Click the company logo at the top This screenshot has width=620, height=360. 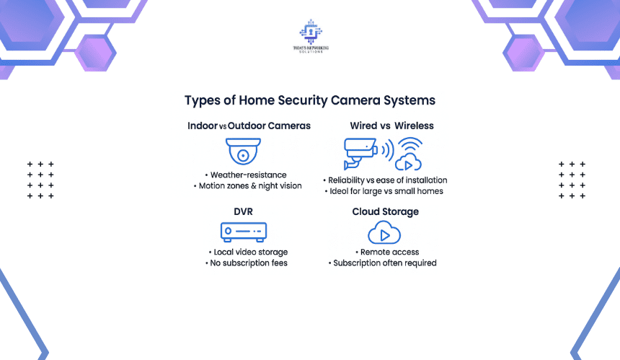pyautogui.click(x=311, y=35)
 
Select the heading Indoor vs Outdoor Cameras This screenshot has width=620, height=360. pyautogui.click(x=249, y=126)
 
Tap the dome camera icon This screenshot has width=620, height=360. pyautogui.click(x=243, y=151)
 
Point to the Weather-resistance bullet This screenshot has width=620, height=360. pyautogui.click(x=246, y=175)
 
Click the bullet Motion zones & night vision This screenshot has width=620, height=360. pyautogui.click(x=247, y=186)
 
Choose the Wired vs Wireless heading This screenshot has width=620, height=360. pyautogui.click(x=392, y=126)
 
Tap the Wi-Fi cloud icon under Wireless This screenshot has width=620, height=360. pyautogui.click(x=409, y=154)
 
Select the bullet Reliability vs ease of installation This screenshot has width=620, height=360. pyautogui.click(x=385, y=180)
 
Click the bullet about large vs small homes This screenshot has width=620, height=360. pyautogui.click(x=384, y=191)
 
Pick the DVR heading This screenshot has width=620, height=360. pyautogui.click(x=243, y=211)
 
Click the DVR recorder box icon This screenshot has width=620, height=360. pyautogui.click(x=244, y=232)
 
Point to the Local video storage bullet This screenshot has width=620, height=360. pyautogui.click(x=248, y=253)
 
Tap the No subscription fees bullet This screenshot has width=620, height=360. pyautogui.click(x=247, y=263)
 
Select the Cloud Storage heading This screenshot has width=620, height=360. pyautogui.click(x=386, y=212)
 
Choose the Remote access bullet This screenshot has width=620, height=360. pyautogui.click(x=387, y=253)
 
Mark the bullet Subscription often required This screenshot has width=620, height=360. pyautogui.click(x=382, y=263)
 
